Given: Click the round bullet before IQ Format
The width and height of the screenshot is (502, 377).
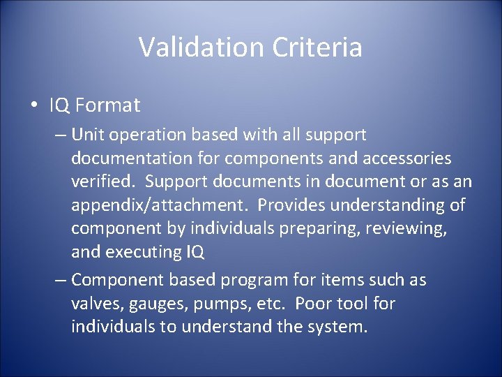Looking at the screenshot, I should coord(34,106).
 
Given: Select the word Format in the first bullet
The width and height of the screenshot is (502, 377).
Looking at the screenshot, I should coord(108,105).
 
